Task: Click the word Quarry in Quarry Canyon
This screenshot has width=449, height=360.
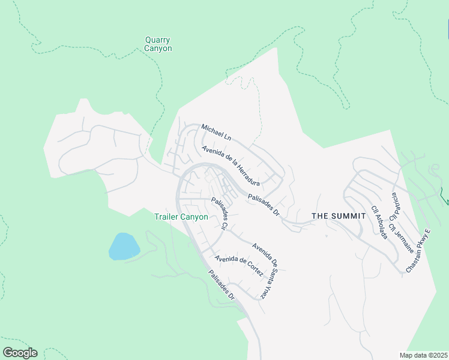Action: point(158,40)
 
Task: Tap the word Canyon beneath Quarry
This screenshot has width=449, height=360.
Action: point(158,49)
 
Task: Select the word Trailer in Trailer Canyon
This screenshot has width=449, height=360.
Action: point(168,217)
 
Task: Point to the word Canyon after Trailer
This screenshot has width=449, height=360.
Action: point(195,217)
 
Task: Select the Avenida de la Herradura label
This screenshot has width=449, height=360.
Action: point(231,165)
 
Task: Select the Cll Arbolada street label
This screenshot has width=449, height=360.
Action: point(379,222)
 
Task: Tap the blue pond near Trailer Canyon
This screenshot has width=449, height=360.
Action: point(124,247)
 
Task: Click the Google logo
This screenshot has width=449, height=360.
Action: point(20,353)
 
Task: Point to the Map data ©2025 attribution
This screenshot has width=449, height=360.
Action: point(423,355)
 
